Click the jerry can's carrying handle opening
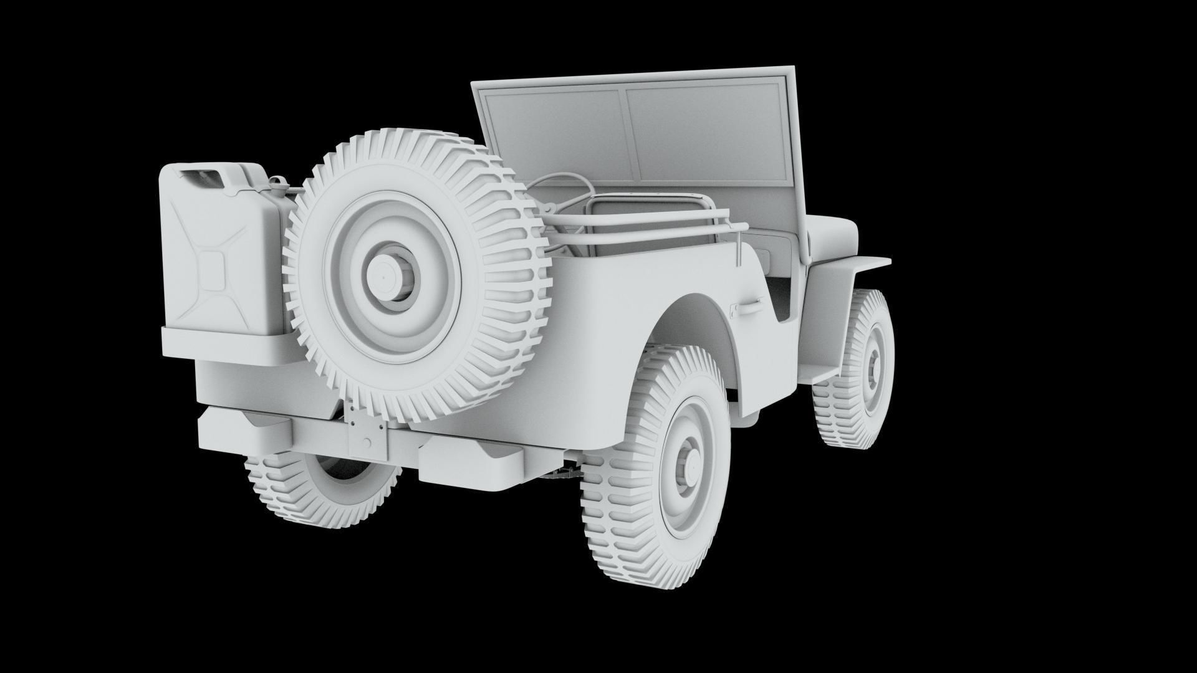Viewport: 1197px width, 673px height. pos(206,177)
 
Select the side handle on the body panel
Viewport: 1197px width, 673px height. pos(748,305)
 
